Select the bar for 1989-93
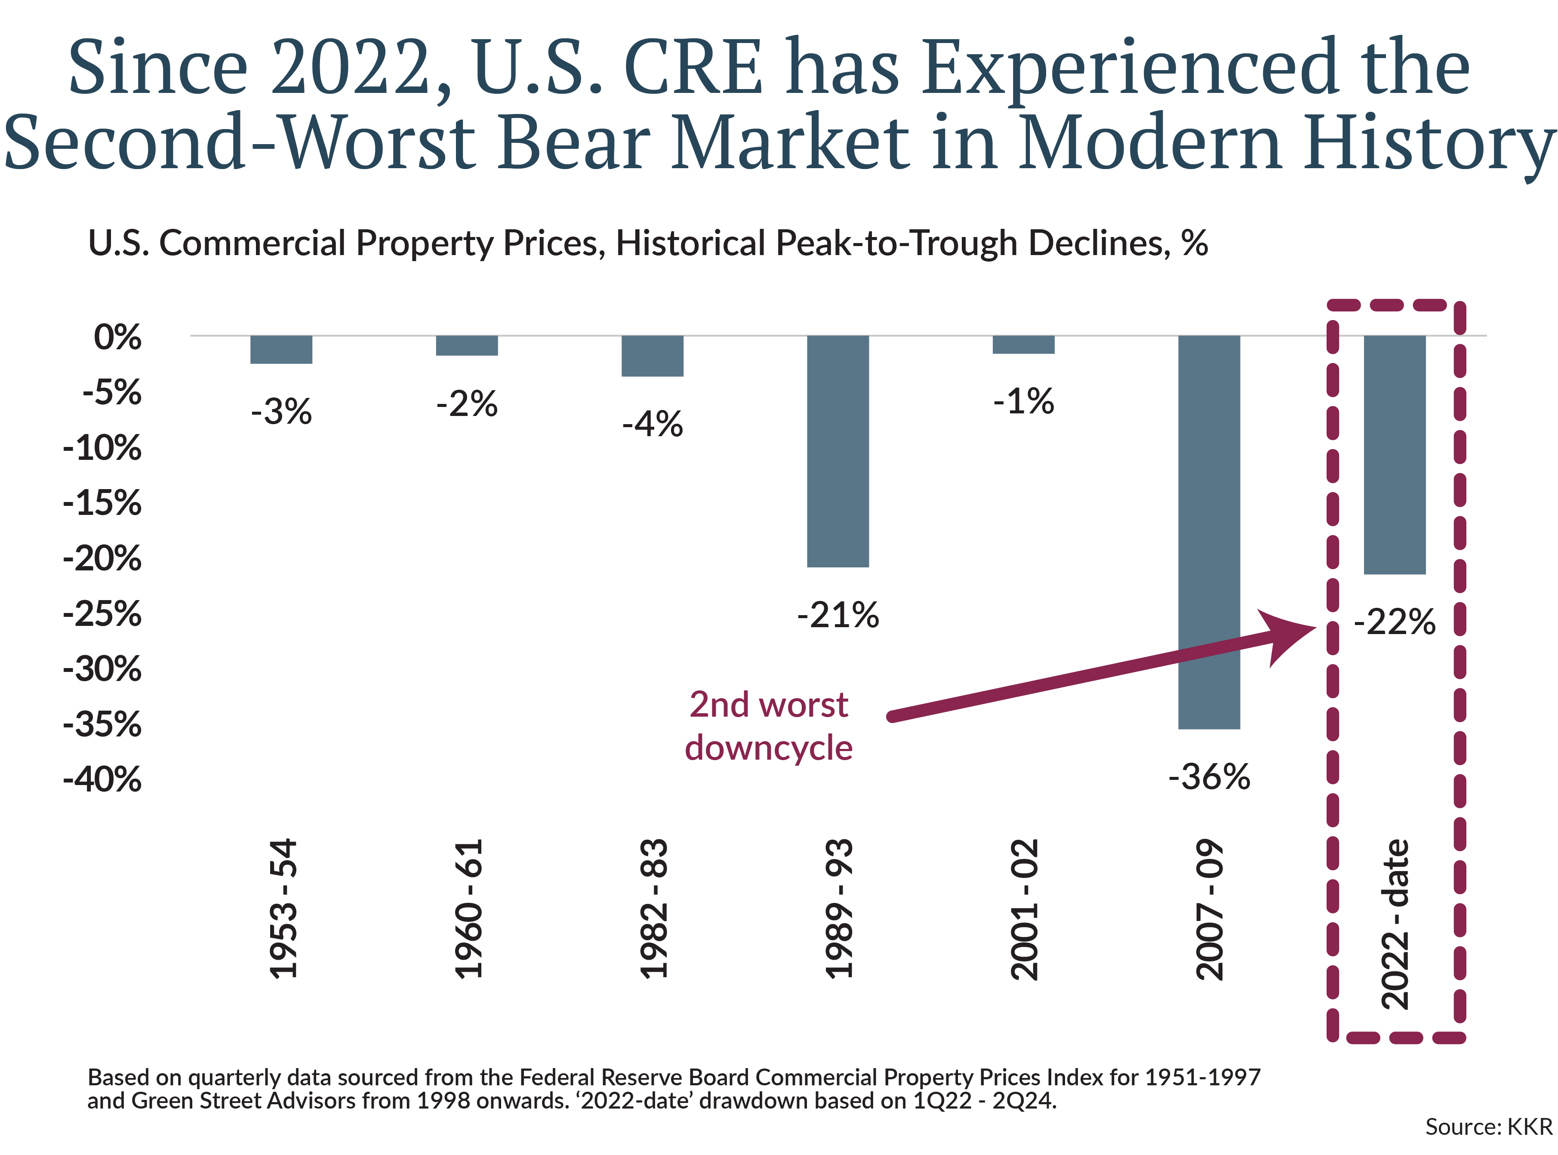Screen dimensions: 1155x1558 [x=838, y=451]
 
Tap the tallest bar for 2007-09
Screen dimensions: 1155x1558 [x=1209, y=531]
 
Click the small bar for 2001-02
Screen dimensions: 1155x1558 [x=1023, y=345]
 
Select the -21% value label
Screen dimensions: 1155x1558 [x=838, y=615]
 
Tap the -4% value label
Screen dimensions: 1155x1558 [x=652, y=424]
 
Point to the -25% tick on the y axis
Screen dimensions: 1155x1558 [x=103, y=614]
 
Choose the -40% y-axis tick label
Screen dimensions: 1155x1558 [x=103, y=779]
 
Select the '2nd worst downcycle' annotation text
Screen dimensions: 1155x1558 [x=768, y=726]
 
